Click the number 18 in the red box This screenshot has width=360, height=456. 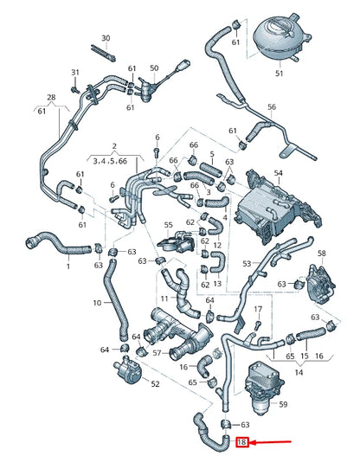242,442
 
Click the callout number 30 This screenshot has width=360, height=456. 106,39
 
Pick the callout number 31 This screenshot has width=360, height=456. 74,72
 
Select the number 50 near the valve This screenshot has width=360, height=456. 154,68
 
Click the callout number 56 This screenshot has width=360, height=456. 272,107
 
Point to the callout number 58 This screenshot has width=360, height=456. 322,253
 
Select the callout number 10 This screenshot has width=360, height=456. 97,303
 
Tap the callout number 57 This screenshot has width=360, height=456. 156,354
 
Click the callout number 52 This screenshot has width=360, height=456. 155,383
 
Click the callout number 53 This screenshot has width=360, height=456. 247,262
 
